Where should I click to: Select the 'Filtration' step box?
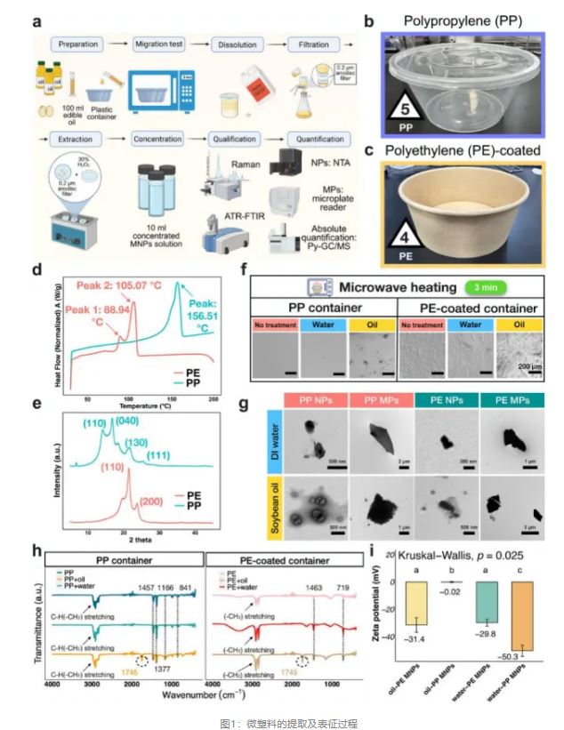[x=315, y=43]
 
